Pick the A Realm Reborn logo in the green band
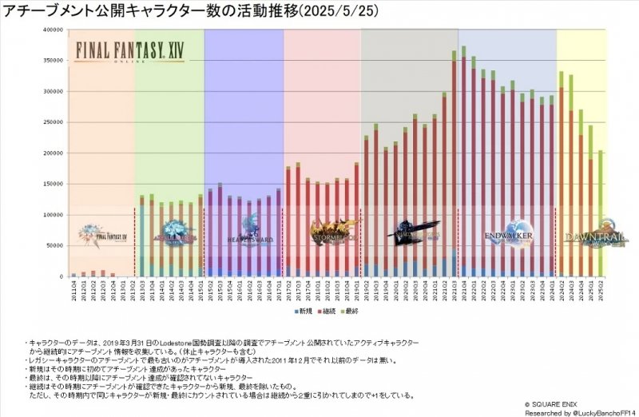coord(169,232)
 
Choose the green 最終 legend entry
coord(363,310)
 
